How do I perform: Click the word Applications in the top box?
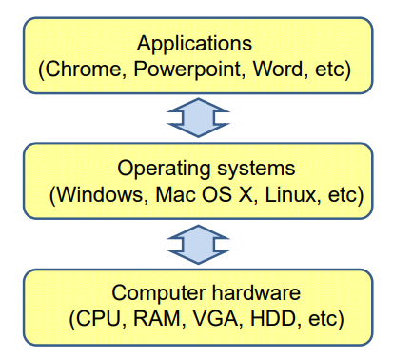point(195,43)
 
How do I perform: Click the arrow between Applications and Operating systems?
point(195,117)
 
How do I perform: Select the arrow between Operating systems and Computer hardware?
point(195,242)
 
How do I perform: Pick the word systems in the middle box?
point(249,169)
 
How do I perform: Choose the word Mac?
point(172,195)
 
